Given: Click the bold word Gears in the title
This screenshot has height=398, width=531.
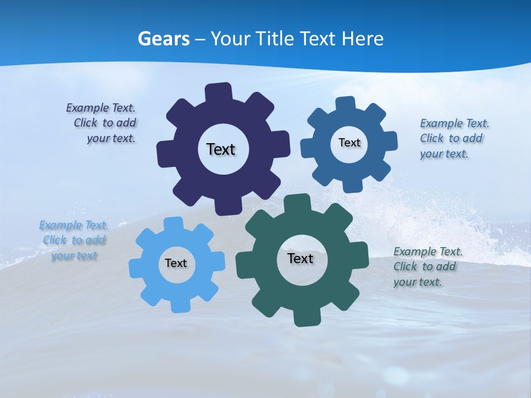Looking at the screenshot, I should click(x=164, y=39).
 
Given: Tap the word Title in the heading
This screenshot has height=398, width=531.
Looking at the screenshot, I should click(x=274, y=39).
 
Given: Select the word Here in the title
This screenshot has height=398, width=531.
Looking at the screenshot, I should click(x=362, y=39).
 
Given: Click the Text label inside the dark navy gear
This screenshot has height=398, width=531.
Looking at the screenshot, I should click(x=221, y=149).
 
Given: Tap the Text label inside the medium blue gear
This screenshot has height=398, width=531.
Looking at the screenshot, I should click(x=349, y=143).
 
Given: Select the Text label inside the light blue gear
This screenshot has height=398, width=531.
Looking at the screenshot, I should click(x=176, y=264).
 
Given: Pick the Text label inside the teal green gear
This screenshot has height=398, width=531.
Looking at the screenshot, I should click(x=300, y=258).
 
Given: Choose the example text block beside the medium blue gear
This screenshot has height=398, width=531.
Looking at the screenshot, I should click(x=452, y=139).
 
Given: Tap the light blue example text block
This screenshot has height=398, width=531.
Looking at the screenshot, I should click(x=74, y=240).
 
